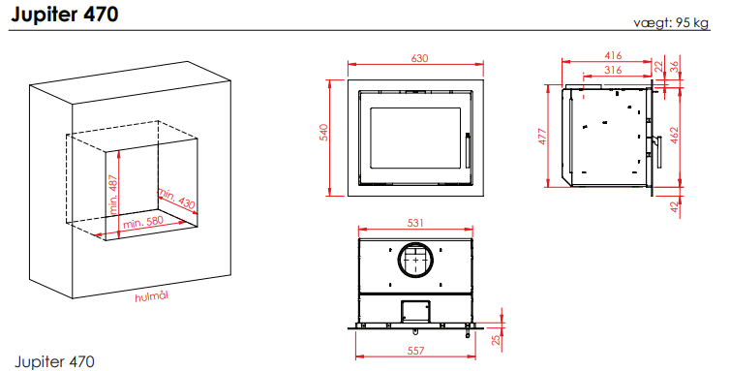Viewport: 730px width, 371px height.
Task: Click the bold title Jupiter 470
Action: coord(64,15)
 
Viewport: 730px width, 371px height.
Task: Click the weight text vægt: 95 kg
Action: coord(671,23)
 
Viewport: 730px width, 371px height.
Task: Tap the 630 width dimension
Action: coord(419,58)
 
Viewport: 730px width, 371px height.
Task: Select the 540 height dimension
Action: coord(324,133)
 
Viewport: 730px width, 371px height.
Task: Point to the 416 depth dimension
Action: coord(613,55)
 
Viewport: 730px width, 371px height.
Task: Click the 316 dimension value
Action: coord(613,70)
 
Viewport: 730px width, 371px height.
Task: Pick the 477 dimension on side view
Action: coord(542,136)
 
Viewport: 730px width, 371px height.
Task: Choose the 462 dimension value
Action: coord(675,136)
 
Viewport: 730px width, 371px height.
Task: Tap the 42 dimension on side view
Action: coord(675,207)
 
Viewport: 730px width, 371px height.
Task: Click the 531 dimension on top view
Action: coord(415,223)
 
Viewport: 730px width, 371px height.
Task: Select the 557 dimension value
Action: coord(415,351)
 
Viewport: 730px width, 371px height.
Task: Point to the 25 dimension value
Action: coord(496,340)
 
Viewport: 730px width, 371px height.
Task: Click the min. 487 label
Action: coord(113,195)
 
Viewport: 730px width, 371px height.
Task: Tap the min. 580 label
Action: coord(143,223)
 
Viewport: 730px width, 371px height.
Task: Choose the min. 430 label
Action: coord(176,199)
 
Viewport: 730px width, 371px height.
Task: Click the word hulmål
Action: coord(151,296)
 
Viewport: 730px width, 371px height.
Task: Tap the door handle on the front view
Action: coord(468,150)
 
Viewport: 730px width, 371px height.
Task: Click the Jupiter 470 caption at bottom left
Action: coord(55,361)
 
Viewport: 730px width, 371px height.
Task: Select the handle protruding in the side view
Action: coord(658,152)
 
